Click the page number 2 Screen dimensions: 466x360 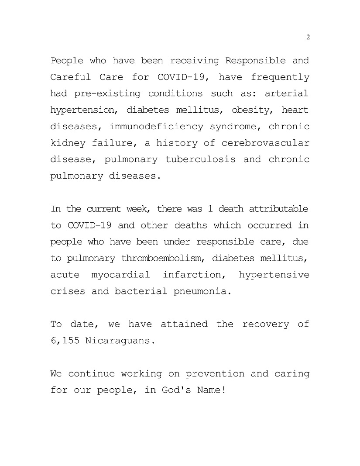[x=308, y=37]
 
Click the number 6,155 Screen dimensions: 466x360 [x=65, y=341]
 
